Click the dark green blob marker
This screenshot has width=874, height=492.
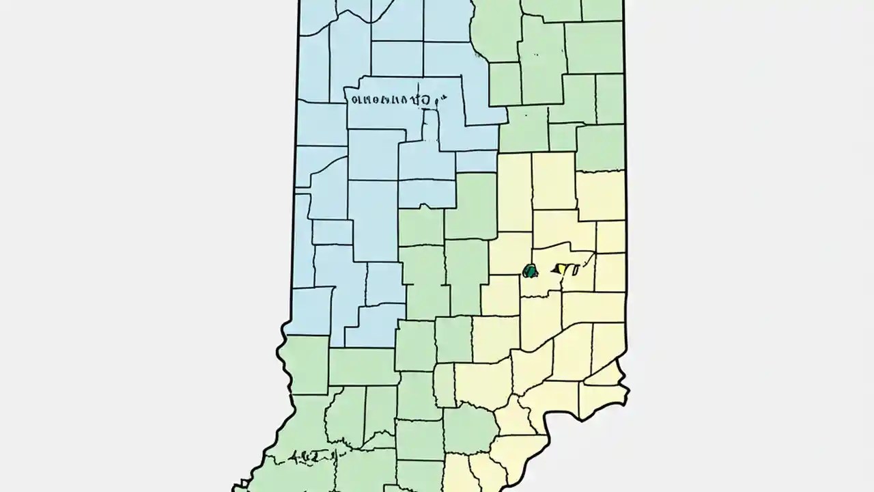(x=530, y=271)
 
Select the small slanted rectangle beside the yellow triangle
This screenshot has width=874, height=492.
(x=575, y=269)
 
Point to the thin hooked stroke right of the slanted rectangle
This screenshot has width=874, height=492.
(x=589, y=258)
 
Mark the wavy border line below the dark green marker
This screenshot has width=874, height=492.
(x=539, y=296)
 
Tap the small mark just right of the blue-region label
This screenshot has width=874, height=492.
(x=441, y=98)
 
